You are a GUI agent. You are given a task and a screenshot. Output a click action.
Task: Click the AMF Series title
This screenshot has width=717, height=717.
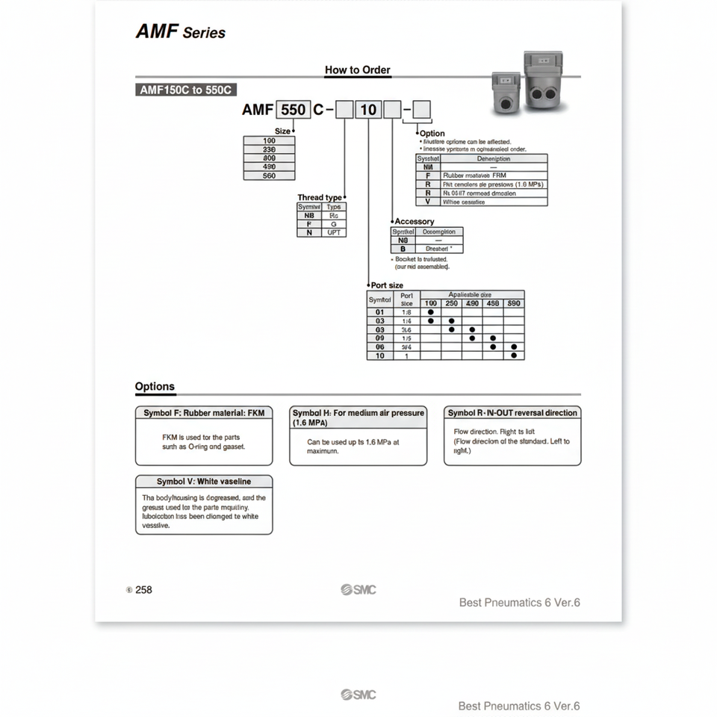coord(180,32)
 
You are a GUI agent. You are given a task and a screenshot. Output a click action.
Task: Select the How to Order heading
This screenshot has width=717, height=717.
coord(357,70)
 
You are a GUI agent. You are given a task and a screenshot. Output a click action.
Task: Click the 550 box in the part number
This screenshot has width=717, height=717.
coord(293,110)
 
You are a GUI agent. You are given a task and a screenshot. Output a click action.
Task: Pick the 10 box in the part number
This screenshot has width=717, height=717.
coord(369,110)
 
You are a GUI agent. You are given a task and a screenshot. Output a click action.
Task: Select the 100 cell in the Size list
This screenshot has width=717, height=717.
coord(269,140)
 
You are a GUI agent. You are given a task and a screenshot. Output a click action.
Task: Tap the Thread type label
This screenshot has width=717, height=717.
coord(320,198)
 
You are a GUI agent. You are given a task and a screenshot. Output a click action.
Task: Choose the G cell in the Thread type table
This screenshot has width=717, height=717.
coord(334,223)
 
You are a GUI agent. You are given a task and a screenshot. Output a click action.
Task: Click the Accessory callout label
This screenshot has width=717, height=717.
coord(414,221)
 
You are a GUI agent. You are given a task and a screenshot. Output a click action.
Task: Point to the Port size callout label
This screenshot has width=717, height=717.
coord(387,285)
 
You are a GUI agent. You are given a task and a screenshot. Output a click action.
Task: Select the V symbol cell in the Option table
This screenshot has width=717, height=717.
coord(428,202)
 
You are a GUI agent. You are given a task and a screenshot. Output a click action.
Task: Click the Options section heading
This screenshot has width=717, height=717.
coord(155,387)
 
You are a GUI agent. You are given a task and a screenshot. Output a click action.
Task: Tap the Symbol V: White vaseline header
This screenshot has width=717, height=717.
coord(204,482)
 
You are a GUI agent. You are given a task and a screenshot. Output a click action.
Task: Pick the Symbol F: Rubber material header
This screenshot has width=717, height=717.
coord(204,412)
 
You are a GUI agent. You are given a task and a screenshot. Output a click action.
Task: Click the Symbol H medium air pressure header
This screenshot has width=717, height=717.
coord(358,417)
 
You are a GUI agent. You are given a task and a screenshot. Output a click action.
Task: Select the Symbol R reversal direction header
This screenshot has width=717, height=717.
coord(512,412)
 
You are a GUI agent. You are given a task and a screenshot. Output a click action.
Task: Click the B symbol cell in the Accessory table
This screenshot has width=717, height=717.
coord(403,249)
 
